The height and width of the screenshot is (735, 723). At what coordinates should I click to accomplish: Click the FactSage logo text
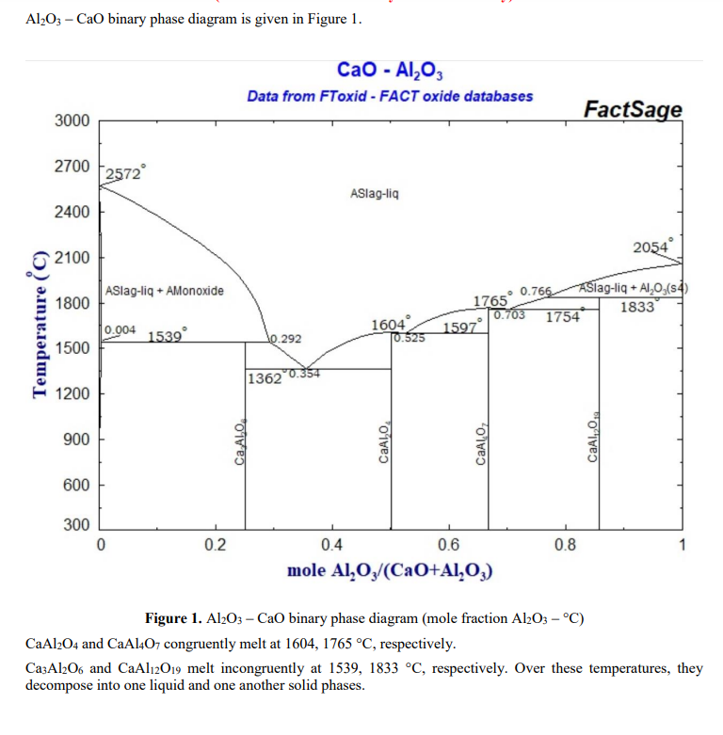coord(632,110)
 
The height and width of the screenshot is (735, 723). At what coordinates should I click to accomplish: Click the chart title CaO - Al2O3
coord(390,71)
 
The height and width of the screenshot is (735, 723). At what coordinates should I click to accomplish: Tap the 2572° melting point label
coord(123,173)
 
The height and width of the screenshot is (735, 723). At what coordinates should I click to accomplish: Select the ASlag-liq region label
coord(374,194)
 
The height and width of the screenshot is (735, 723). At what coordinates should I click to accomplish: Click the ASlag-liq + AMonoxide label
coord(165,291)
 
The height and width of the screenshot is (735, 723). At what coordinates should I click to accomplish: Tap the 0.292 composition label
coord(286,338)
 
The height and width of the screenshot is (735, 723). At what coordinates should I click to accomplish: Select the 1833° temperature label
coord(639,306)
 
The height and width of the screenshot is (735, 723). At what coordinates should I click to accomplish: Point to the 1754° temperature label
coord(564,317)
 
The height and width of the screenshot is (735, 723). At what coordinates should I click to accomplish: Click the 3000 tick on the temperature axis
coord(72,121)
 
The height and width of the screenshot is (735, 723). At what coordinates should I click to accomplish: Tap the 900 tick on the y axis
coord(77,439)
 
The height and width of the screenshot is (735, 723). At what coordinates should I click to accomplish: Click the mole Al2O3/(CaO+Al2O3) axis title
coord(391,570)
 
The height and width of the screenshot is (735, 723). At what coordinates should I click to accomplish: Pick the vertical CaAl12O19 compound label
coord(593,438)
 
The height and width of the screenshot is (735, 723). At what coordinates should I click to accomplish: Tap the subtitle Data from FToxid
coord(390,96)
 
